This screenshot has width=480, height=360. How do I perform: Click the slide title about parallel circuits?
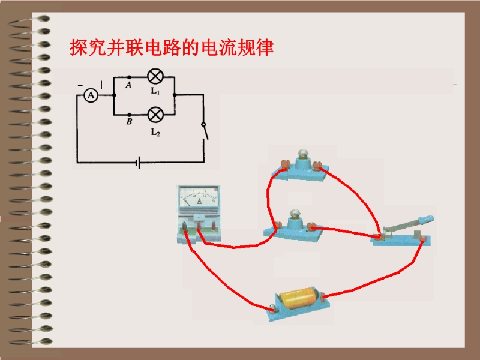pyautogui.click(x=172, y=47)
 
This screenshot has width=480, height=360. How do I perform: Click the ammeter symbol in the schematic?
pyautogui.click(x=90, y=95)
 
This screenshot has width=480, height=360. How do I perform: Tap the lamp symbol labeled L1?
pyautogui.click(x=155, y=77)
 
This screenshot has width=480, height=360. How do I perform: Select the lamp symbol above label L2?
pyautogui.click(x=155, y=113)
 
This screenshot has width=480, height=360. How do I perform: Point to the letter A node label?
pyautogui.click(x=128, y=85)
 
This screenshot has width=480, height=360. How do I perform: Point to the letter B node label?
pyautogui.click(x=128, y=122)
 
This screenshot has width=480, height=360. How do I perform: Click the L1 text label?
pyautogui.click(x=155, y=92)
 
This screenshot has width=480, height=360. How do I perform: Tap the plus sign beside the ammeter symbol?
pyautogui.click(x=101, y=85)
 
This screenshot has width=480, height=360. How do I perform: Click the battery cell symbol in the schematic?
pyautogui.click(x=139, y=162)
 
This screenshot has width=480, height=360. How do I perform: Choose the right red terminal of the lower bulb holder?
pyautogui.click(x=311, y=227)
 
